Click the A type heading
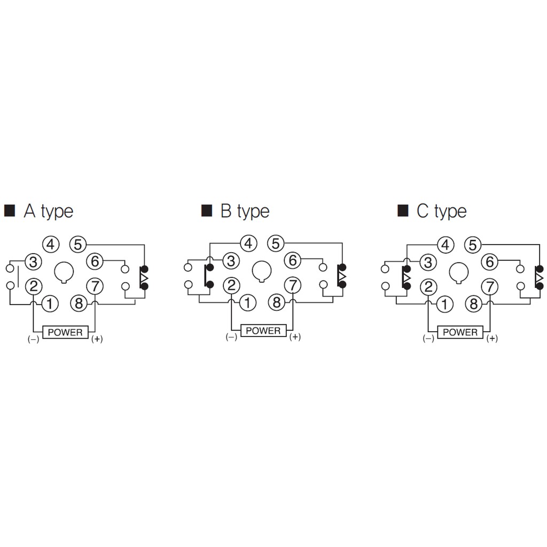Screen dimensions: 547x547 pos(49,211)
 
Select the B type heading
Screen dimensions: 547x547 pos(245,211)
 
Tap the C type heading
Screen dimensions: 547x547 pos(442,211)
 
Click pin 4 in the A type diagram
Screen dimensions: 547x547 pos(51,244)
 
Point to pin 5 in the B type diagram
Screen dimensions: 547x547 pos(276,243)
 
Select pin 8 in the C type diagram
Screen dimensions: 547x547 pos(474,304)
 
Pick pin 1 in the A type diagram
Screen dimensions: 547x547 pos(50,304)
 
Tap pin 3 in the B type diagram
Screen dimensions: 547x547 pos(231,260)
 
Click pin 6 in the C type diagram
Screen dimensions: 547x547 pos(490,261)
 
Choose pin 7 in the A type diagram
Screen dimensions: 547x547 pos(95,286)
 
